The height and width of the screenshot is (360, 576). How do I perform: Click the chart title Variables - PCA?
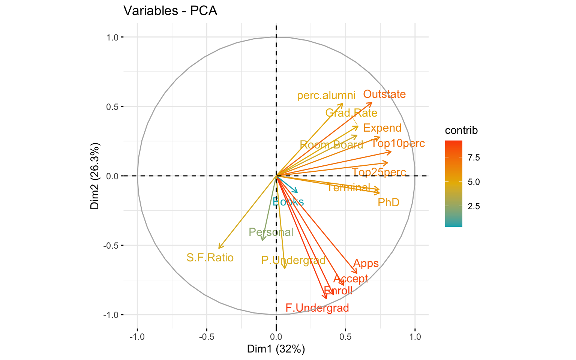(170, 11)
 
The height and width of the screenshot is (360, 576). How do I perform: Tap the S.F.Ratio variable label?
(210, 258)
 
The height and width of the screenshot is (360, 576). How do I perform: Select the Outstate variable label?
(384, 94)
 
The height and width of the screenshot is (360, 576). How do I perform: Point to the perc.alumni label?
(326, 96)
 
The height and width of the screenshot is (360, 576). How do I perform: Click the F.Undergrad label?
(317, 308)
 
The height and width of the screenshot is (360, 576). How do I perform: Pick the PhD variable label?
(388, 203)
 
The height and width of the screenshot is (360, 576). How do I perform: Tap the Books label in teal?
(288, 202)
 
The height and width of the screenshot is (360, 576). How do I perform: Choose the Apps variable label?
(366, 264)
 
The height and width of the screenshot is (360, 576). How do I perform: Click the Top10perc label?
(398, 144)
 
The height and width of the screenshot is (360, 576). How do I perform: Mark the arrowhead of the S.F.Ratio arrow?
(219, 248)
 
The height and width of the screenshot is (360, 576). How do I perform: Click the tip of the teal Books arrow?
(297, 192)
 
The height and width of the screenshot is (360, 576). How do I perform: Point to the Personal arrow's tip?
(263, 240)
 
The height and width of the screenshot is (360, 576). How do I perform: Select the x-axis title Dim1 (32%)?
(276, 349)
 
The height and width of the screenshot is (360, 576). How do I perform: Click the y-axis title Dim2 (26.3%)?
(95, 175)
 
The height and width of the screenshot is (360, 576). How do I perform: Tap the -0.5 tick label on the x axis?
(206, 337)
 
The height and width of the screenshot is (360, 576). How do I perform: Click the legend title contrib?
(461, 130)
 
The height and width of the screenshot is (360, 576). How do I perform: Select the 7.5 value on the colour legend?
(474, 157)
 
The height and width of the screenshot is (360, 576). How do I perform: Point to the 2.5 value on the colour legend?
(474, 206)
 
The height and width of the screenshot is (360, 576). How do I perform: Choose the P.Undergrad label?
(293, 260)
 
